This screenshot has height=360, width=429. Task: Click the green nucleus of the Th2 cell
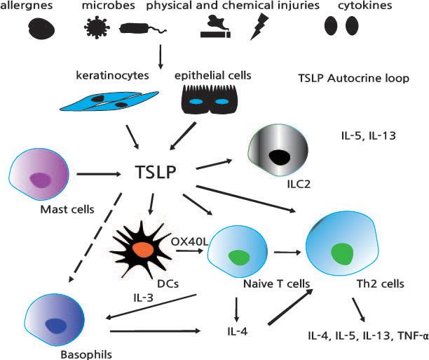coord(343,253)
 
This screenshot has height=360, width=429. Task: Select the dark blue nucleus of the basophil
coord(54,324)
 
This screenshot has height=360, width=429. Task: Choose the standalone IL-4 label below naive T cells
coord(236,328)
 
